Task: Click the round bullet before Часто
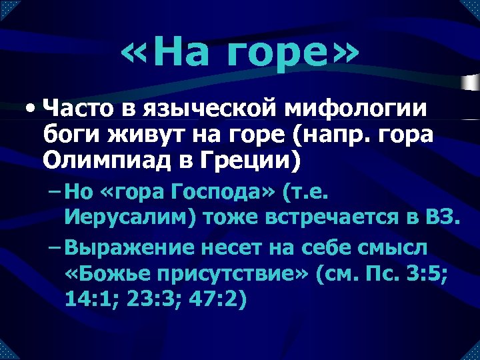coord(29,107)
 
